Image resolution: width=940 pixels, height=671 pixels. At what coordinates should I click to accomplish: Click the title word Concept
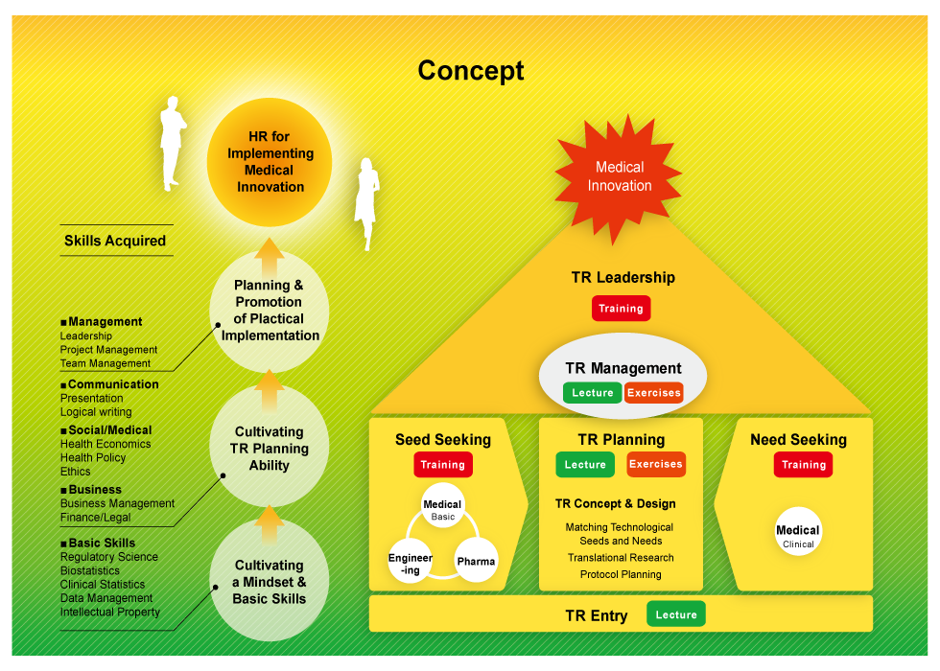point(470,71)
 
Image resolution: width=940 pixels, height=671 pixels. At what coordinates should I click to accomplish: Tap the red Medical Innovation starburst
point(619,176)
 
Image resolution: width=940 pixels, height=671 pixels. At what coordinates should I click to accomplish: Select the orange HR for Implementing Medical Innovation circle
point(270,162)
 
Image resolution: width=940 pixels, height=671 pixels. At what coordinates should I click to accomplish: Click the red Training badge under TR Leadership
point(621,309)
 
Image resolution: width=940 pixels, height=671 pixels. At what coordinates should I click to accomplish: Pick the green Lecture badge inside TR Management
point(592,393)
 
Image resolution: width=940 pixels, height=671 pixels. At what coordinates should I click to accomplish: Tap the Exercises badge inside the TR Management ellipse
point(653,393)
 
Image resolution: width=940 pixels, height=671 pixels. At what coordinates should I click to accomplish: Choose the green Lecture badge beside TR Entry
point(676,614)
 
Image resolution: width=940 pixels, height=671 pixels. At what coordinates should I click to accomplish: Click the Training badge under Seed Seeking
point(442,465)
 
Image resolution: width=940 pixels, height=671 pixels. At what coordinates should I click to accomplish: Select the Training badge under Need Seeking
point(803,465)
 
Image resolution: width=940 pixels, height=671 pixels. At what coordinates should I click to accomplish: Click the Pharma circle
point(476,561)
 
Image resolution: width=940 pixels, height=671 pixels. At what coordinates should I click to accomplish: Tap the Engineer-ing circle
point(411,563)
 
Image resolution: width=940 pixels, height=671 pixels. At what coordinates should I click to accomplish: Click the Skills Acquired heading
point(115,241)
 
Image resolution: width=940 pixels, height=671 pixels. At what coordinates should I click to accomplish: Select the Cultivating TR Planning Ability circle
point(270,448)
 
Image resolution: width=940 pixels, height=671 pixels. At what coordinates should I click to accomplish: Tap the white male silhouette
point(173,143)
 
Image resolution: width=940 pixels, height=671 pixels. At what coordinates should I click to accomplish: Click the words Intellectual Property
point(110,612)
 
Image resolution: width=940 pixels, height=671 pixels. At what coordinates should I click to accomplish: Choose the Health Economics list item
point(106,444)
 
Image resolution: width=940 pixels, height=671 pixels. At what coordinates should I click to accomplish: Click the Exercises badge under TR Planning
point(656,465)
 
